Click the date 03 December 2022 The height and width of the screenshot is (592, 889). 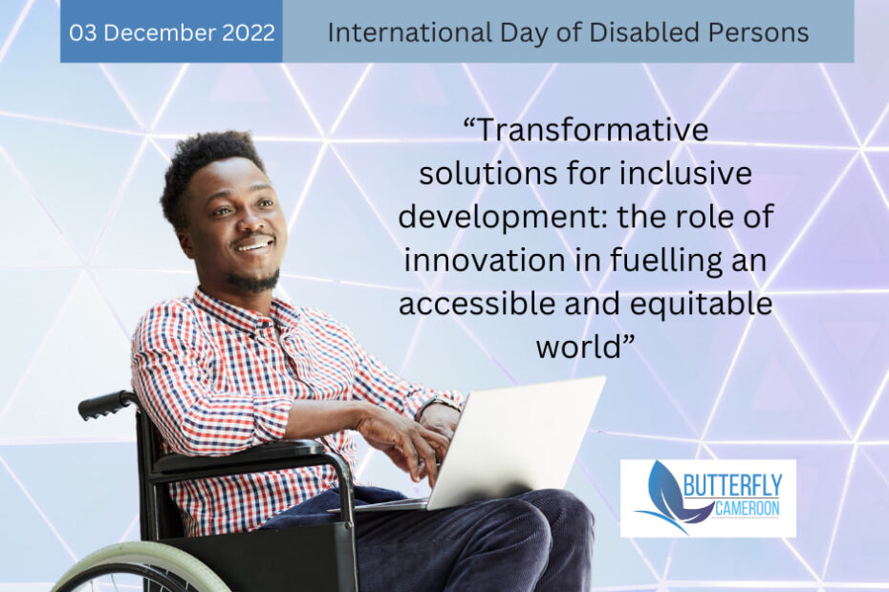point(172,32)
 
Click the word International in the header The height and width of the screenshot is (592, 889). point(410,32)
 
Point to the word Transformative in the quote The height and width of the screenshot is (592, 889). point(586,130)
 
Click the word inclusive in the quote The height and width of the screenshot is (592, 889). point(685,173)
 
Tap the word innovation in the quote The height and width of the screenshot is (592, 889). point(485,260)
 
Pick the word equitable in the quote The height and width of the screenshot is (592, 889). point(702,305)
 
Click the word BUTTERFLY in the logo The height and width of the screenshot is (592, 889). point(732,485)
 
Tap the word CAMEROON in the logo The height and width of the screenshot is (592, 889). point(748,508)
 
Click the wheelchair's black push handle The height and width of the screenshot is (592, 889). point(105,405)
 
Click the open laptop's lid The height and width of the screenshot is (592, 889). point(516,442)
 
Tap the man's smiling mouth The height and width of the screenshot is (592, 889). point(254,244)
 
